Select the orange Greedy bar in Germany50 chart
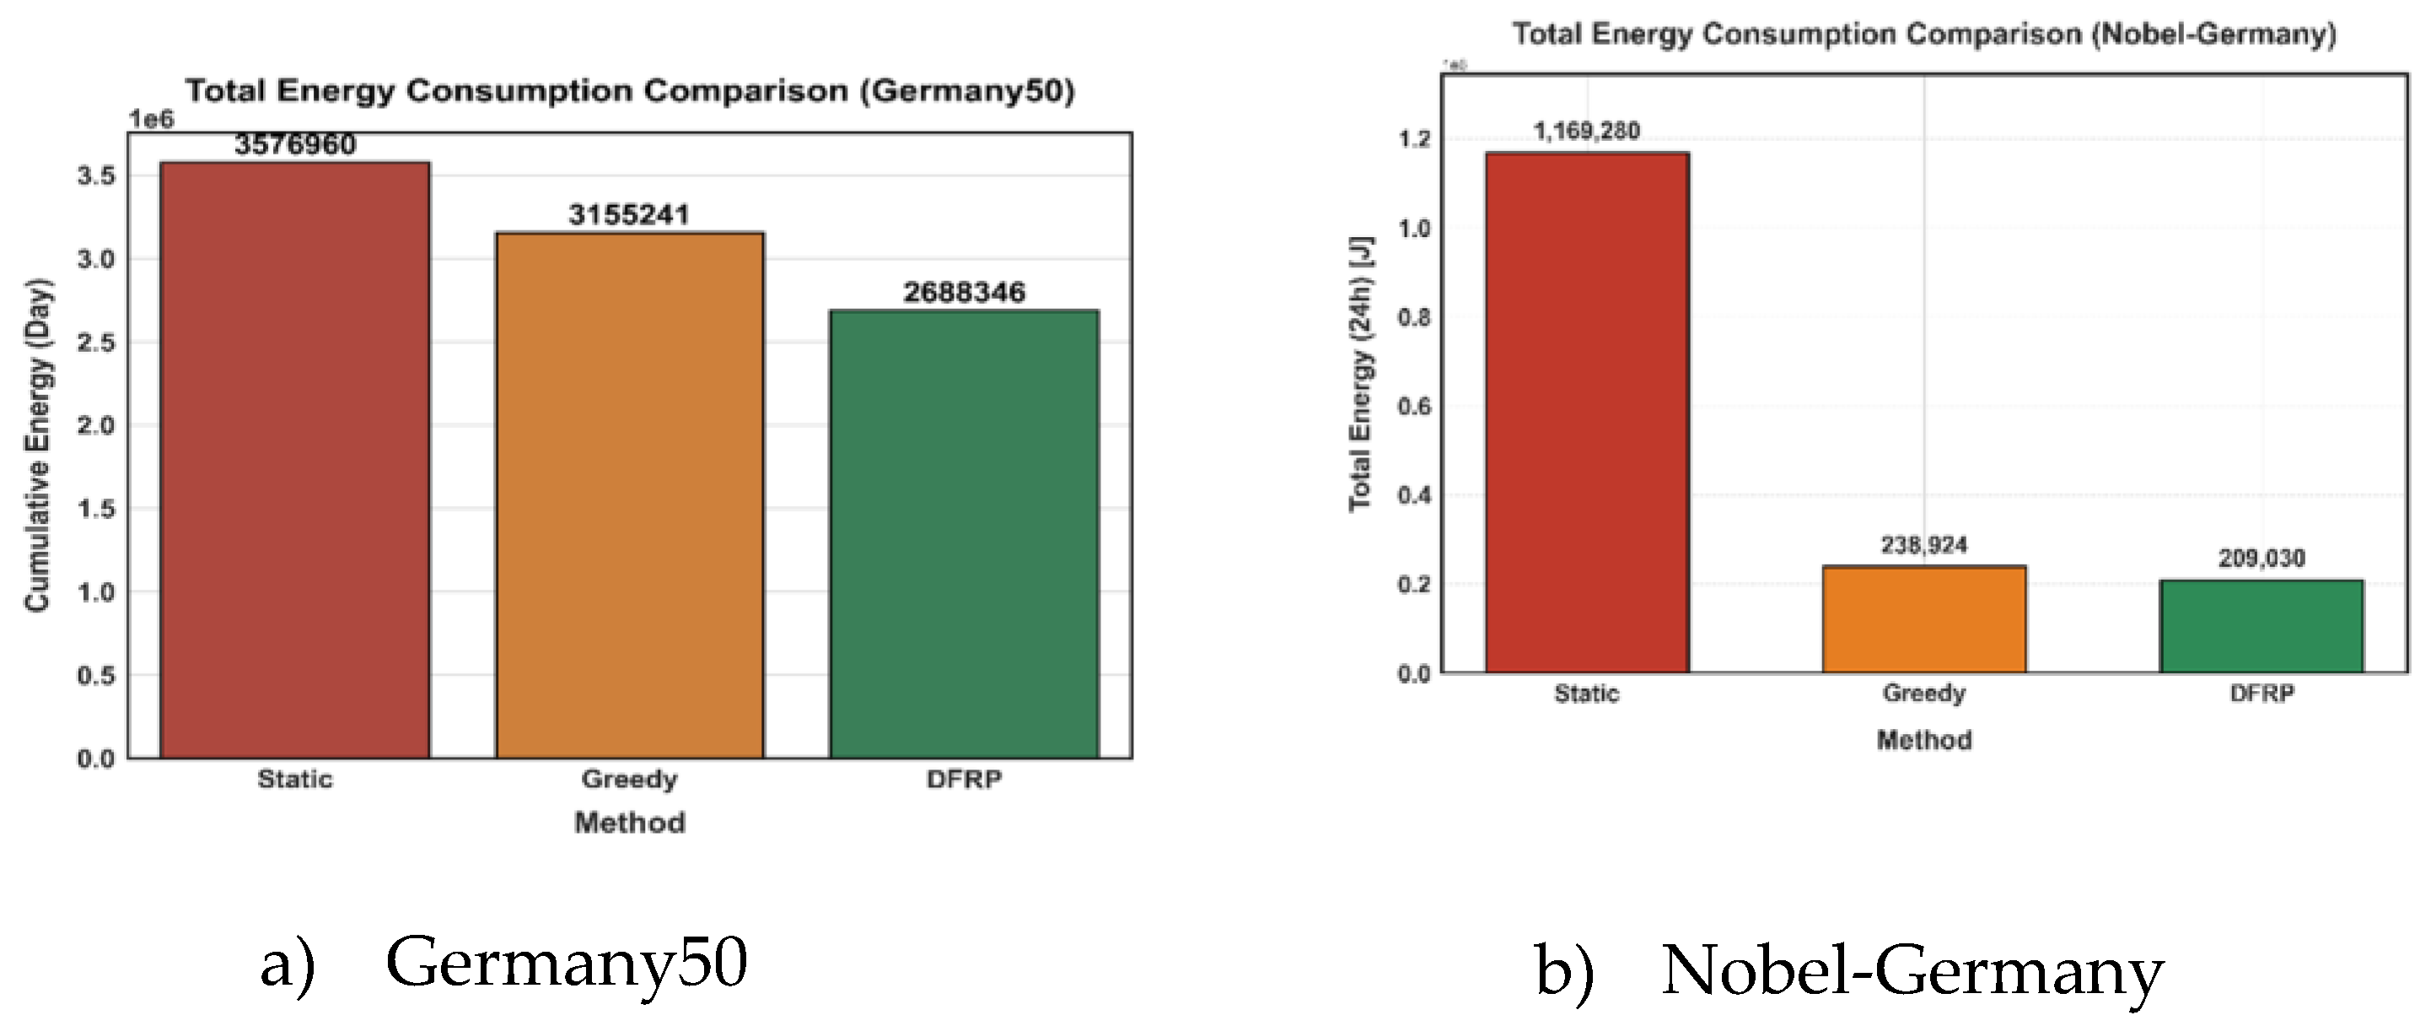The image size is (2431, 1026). [x=629, y=495]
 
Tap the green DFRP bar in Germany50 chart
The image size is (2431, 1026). [x=964, y=534]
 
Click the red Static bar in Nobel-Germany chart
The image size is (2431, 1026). [x=1586, y=413]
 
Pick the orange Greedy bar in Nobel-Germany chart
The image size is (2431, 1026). [x=1923, y=620]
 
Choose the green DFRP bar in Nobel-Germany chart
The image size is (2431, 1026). [x=2262, y=627]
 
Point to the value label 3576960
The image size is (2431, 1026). [x=295, y=145]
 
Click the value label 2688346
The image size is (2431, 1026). [x=964, y=293]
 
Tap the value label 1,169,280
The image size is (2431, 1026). [x=1586, y=131]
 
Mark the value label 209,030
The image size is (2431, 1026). [x=2262, y=559]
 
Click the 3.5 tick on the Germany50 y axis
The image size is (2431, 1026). [x=95, y=176]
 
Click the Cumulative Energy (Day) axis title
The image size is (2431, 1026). [x=37, y=445]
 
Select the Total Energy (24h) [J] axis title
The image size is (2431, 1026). [x=1360, y=374]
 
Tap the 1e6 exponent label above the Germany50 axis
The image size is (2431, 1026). [x=151, y=120]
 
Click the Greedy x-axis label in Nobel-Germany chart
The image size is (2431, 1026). [x=1923, y=694]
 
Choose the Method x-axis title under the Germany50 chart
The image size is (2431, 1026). [x=629, y=823]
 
